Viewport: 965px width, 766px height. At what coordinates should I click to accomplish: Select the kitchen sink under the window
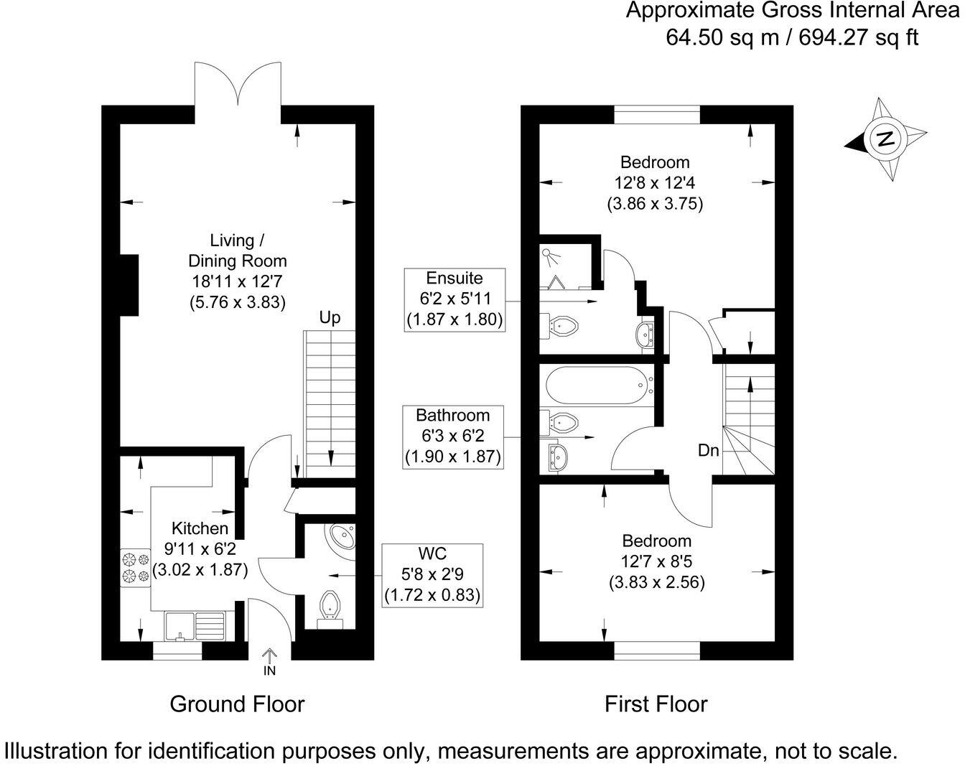tap(195, 625)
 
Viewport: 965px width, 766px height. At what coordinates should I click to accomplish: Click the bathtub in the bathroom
tap(599, 385)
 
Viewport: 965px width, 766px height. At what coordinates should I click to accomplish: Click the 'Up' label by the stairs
tap(330, 317)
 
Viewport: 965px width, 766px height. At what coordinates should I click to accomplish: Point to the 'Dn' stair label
tap(709, 450)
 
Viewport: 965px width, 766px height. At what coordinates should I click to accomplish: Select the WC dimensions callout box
tap(432, 575)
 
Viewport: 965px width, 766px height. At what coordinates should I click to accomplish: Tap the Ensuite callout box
tap(454, 299)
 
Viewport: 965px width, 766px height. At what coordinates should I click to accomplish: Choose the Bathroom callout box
tap(452, 436)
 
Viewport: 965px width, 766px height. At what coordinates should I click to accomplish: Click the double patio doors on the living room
tap(238, 86)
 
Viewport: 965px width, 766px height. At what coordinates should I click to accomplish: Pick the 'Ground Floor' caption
tap(237, 704)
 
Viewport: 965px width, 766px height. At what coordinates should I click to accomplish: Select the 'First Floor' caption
tap(656, 704)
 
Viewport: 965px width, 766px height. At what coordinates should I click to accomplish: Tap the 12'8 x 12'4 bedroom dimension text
tap(654, 183)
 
